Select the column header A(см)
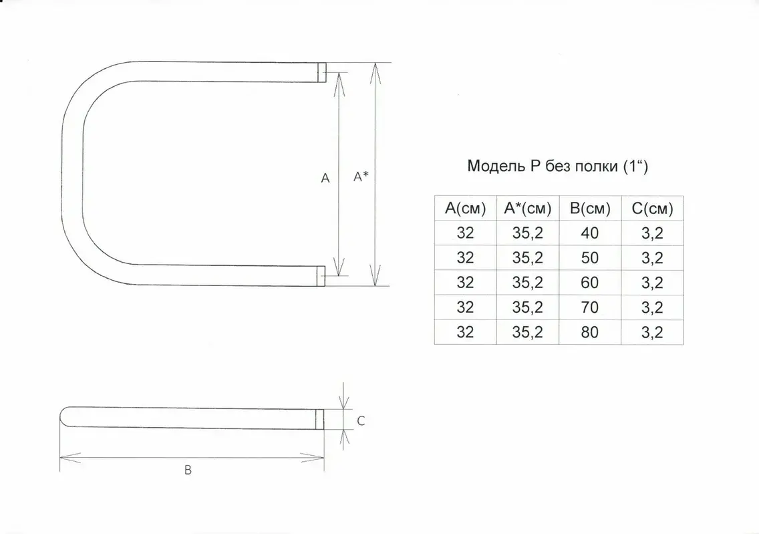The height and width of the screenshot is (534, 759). click(465, 209)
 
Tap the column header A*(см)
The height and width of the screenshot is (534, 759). click(528, 209)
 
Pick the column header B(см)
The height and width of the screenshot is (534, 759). click(590, 209)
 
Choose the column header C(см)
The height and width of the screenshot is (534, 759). click(653, 209)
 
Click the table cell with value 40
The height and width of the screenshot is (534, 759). click(589, 233)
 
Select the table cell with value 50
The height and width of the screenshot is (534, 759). click(589, 258)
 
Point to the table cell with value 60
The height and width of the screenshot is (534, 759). click(589, 283)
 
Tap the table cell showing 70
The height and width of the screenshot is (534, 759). click(589, 307)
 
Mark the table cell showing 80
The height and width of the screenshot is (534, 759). click(589, 332)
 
